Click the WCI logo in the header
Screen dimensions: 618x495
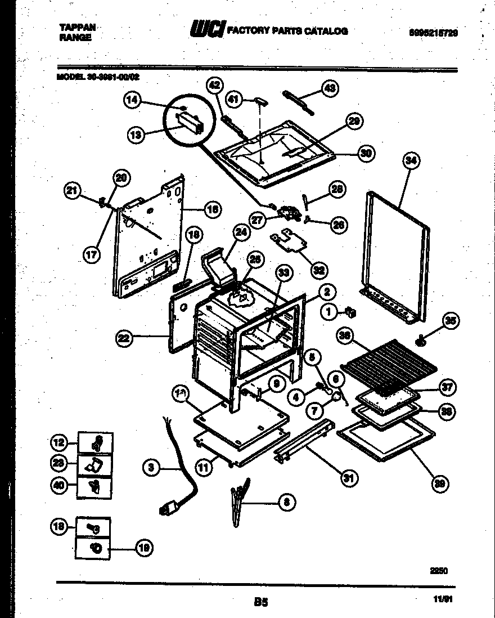pyautogui.click(x=208, y=29)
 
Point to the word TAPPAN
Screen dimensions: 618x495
pyautogui.click(x=77, y=26)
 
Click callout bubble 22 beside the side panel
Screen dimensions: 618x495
pyautogui.click(x=124, y=338)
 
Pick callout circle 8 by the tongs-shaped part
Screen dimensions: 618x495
pyautogui.click(x=286, y=501)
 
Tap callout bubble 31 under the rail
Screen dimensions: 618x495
pyautogui.click(x=349, y=478)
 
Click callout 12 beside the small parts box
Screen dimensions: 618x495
pyautogui.click(x=60, y=443)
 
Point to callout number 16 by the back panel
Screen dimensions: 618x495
pyautogui.click(x=213, y=209)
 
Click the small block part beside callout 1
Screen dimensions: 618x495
pyautogui.click(x=352, y=311)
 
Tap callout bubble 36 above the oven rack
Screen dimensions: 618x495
pyautogui.click(x=346, y=337)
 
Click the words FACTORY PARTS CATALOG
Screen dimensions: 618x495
pyautogui.click(x=286, y=31)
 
